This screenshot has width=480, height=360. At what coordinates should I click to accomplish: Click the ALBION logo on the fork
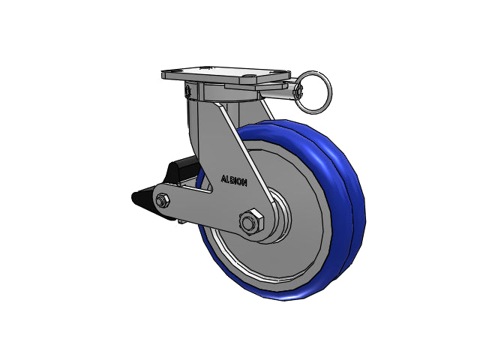tap(234, 181)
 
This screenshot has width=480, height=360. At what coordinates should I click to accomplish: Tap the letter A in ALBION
tap(223, 178)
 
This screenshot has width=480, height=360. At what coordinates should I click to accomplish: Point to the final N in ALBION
tap(244, 183)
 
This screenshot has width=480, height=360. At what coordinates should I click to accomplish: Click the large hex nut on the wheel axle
tap(251, 222)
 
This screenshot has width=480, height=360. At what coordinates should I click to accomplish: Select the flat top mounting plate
tap(226, 73)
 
